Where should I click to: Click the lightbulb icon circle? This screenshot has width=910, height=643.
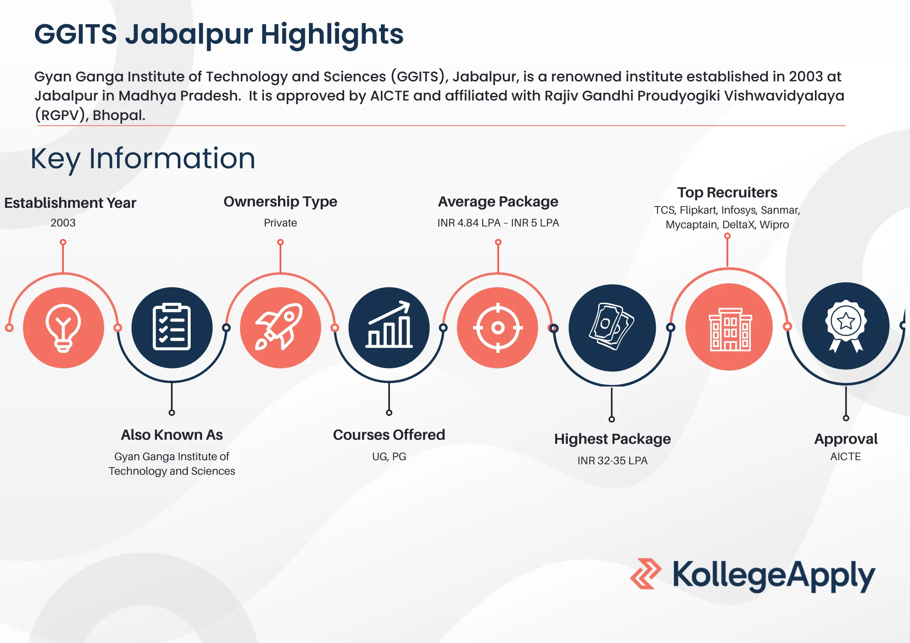[x=63, y=327]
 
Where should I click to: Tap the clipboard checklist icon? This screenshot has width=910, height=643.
[x=172, y=327]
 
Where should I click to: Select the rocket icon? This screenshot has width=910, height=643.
[x=280, y=327]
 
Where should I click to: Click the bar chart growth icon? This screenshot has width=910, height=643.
[x=389, y=327]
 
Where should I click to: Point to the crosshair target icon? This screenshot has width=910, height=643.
[x=498, y=327]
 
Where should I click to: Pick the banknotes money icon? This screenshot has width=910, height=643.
[x=612, y=327]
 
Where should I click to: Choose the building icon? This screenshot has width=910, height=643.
[x=729, y=327]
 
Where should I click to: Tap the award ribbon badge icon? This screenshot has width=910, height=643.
[x=845, y=326]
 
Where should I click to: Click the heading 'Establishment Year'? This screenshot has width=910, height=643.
[x=70, y=203]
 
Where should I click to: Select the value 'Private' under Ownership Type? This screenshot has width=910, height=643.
[x=280, y=223]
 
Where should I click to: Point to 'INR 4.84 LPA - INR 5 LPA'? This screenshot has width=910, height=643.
[x=498, y=223]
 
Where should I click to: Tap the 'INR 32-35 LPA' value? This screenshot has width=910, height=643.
[x=612, y=461]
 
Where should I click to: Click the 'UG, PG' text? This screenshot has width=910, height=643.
[x=389, y=457]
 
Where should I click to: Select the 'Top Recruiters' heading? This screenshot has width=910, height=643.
[x=727, y=192]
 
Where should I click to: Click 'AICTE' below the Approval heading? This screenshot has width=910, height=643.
[x=845, y=457]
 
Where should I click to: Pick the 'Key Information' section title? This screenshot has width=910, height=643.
[x=143, y=159]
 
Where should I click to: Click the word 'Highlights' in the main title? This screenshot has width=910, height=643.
[x=332, y=35]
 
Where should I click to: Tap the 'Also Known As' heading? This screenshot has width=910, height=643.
[x=172, y=435]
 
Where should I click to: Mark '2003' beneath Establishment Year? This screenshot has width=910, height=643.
[x=63, y=223]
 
